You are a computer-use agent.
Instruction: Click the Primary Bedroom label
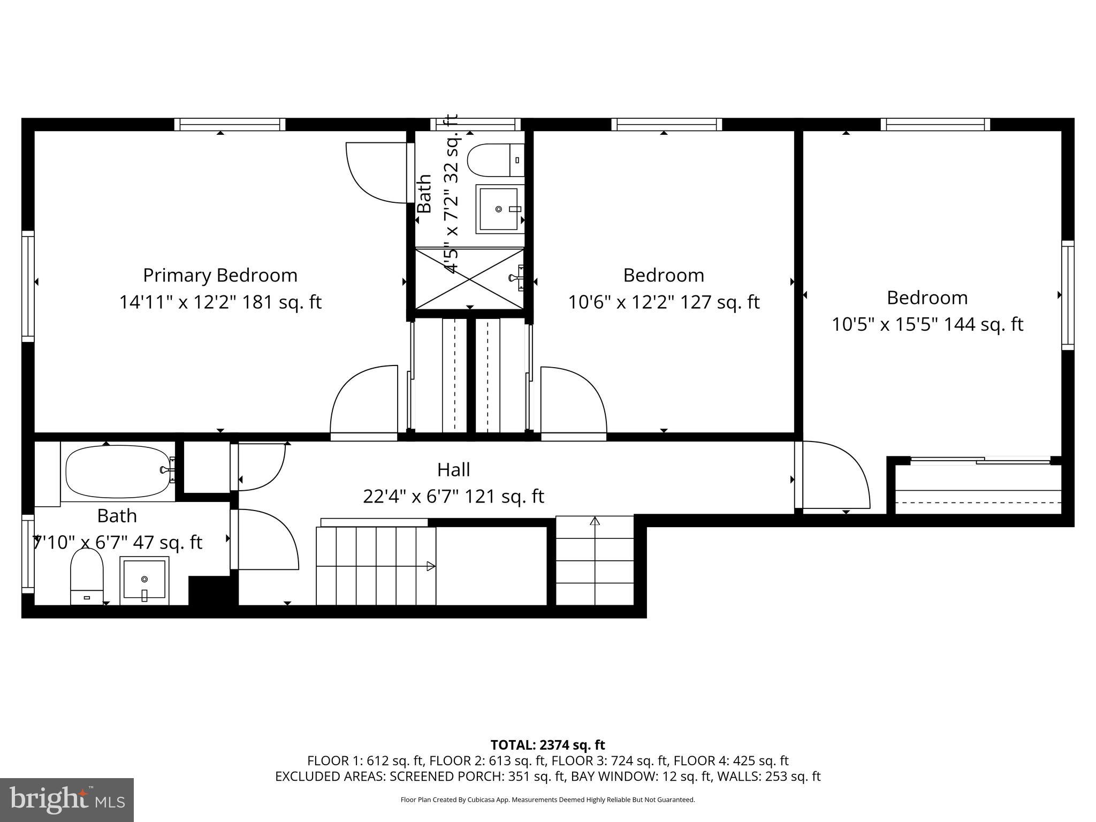coord(220,275)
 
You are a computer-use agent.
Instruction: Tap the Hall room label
coord(453,470)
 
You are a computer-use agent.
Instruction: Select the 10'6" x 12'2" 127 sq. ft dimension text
coord(663,302)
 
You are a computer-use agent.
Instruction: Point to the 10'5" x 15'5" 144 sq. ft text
coord(927,325)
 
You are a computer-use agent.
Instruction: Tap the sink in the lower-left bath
coord(144,580)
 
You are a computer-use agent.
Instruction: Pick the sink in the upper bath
coord(500,209)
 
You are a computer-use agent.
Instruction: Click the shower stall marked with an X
coord(469,278)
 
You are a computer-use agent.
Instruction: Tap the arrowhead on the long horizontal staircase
coord(431,566)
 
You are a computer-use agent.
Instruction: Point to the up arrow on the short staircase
coord(595,521)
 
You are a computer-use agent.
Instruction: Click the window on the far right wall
coord(1068,295)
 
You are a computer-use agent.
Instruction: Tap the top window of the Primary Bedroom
coord(230,125)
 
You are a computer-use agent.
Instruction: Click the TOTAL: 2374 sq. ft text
coord(547,745)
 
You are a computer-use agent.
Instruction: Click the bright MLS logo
coord(67,800)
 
